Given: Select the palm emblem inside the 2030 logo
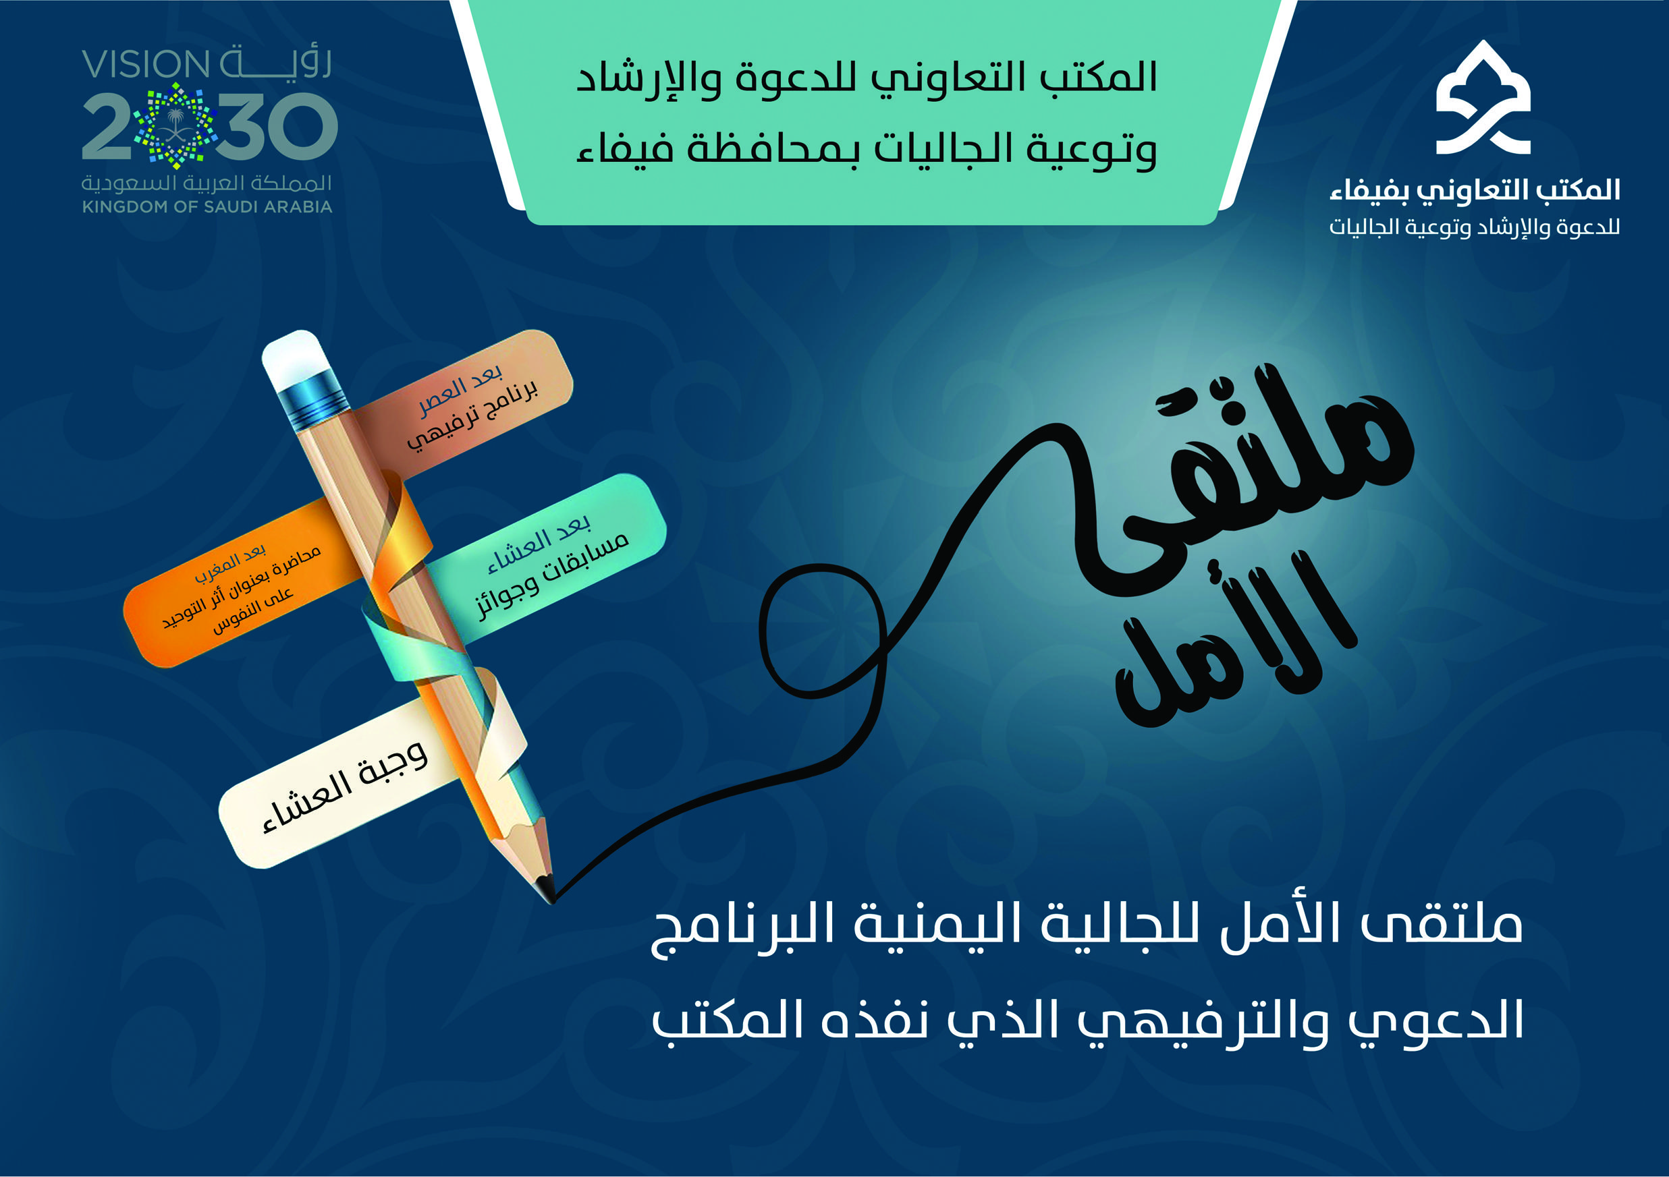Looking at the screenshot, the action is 175,125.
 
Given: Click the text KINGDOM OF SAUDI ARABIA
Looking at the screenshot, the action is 207,207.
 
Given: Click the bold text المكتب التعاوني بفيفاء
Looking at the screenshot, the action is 1475,190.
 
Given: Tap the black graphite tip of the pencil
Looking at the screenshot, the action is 546,888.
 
